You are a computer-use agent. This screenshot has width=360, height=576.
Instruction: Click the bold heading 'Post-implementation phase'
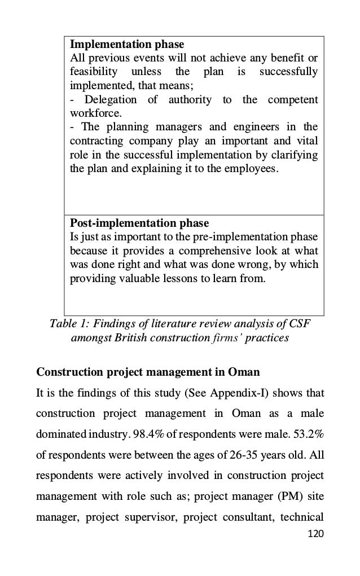tap(139, 223)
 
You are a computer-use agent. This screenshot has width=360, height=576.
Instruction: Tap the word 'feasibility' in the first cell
tap(94, 72)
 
